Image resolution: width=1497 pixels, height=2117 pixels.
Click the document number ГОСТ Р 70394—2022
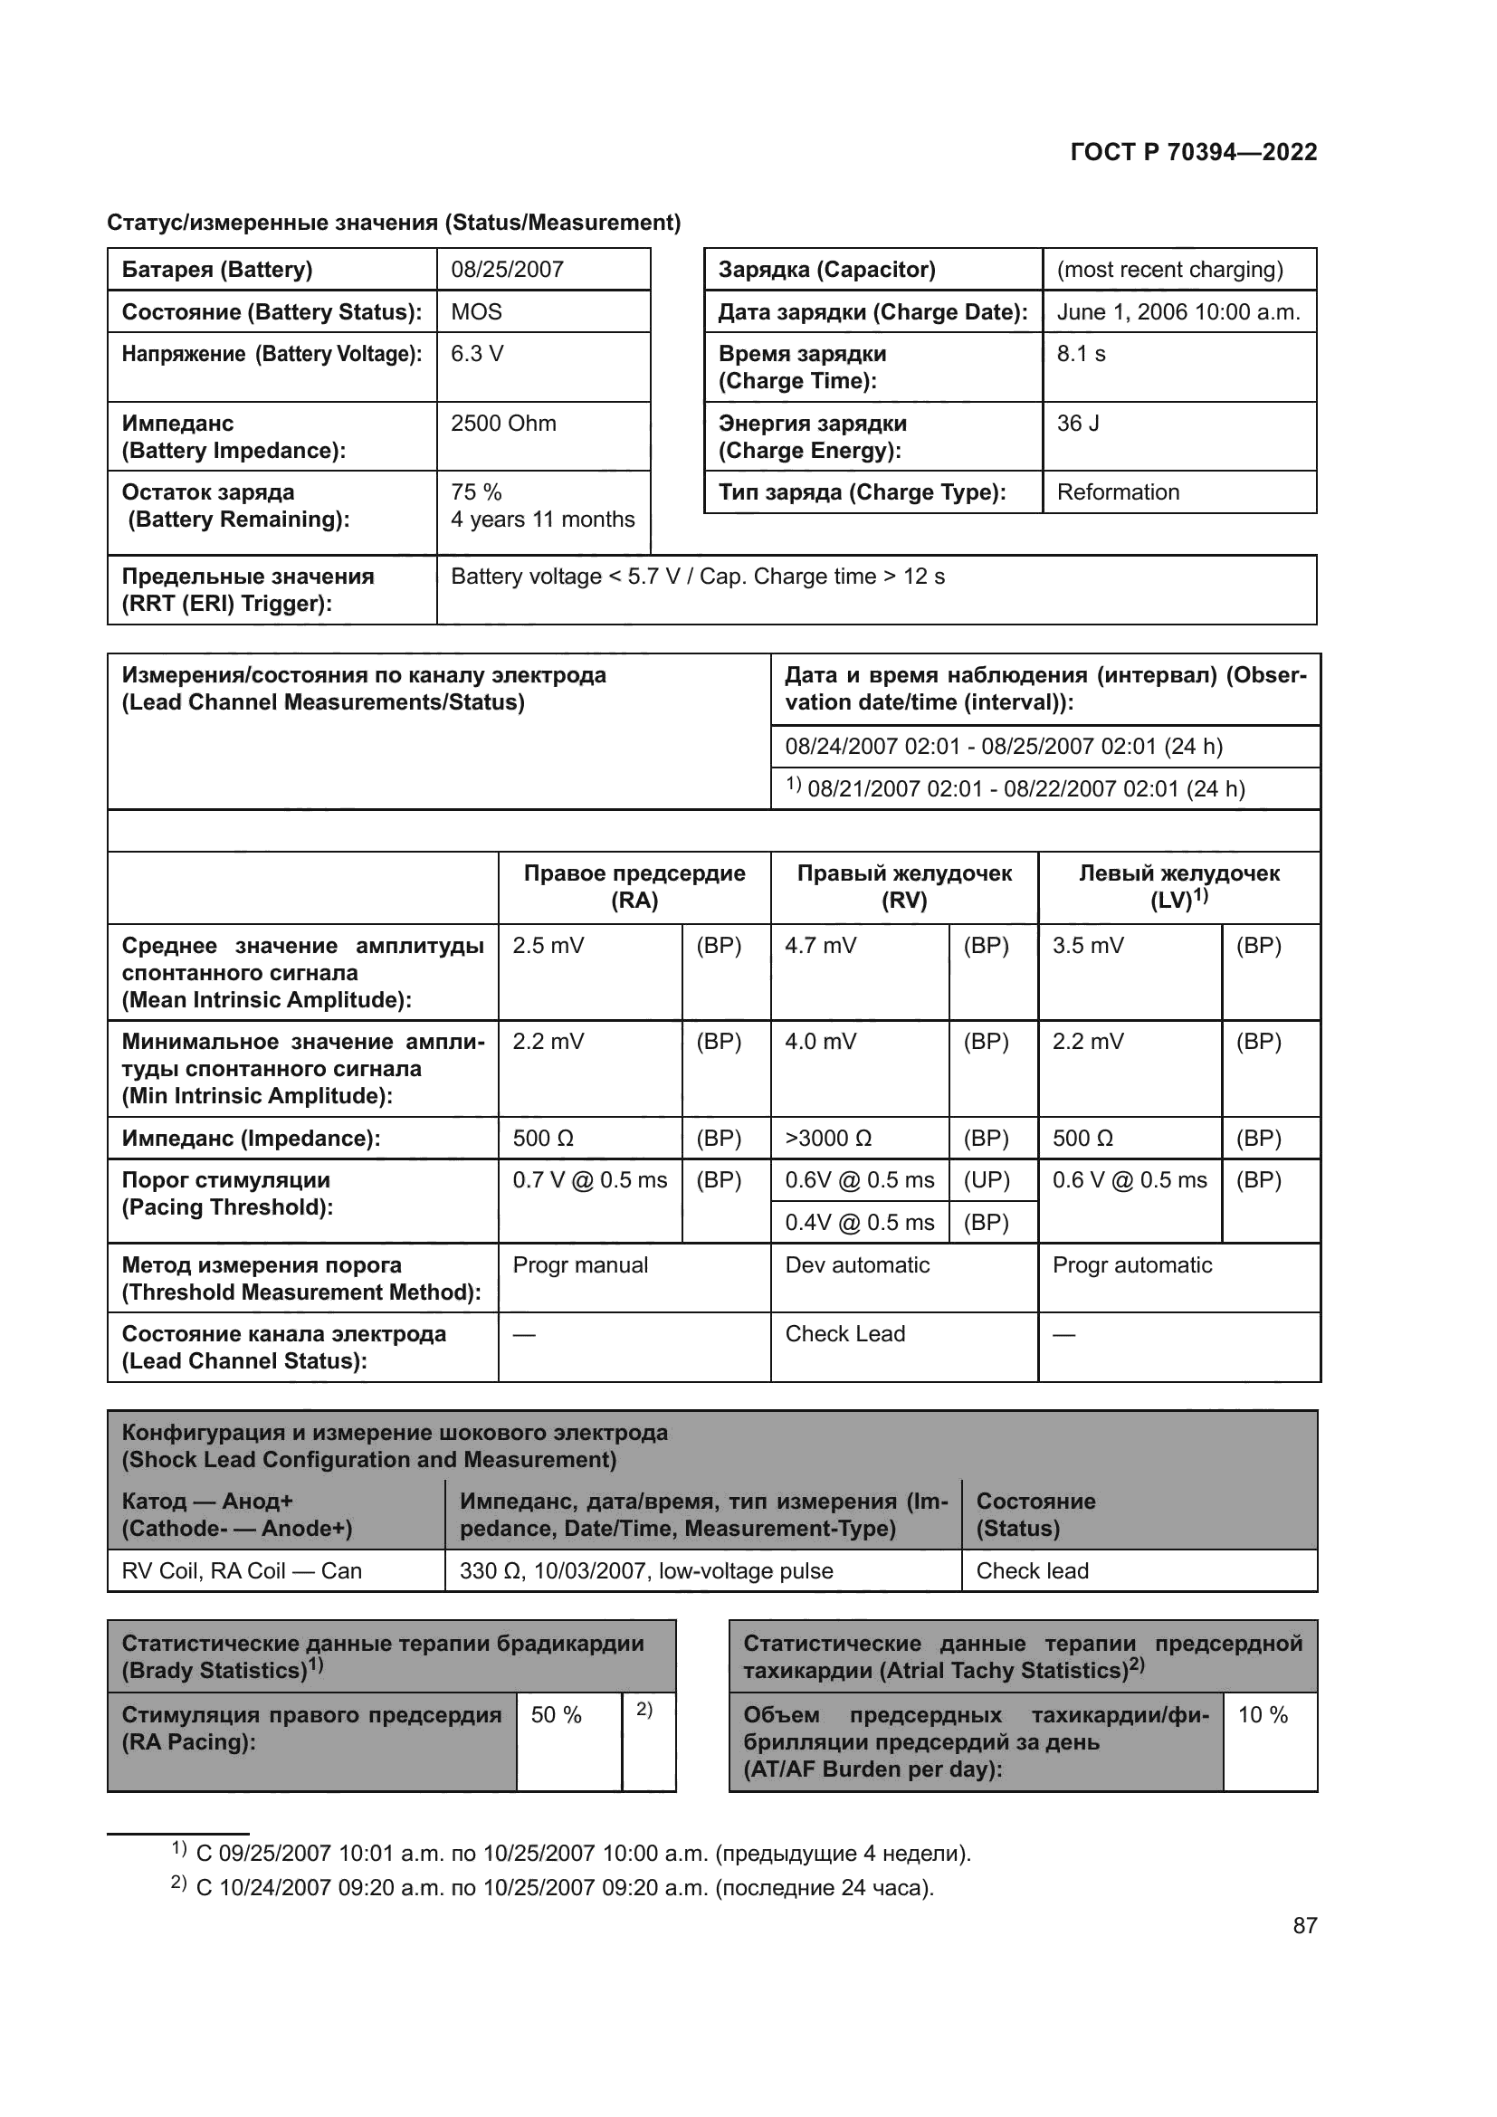pyautogui.click(x=1193, y=152)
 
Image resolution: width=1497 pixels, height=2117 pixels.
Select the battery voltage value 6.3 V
pyautogui.click(x=477, y=354)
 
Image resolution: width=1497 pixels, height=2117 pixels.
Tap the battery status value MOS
pyautogui.click(x=476, y=311)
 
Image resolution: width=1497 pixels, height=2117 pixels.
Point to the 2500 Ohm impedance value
pyautogui.click(x=503, y=424)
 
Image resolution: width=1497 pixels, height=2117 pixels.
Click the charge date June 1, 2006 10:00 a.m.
pyautogui.click(x=1178, y=311)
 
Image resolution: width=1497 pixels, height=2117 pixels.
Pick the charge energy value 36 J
pyautogui.click(x=1078, y=424)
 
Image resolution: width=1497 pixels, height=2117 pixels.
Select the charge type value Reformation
pyautogui.click(x=1117, y=492)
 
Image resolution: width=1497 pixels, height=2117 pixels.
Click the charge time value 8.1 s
pyautogui.click(x=1081, y=354)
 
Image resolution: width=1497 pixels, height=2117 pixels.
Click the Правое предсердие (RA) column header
pyautogui.click(x=634, y=887)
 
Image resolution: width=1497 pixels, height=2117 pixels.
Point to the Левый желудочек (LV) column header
pyautogui.click(x=1178, y=887)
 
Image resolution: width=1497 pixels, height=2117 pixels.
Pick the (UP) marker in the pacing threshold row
pyautogui.click(x=987, y=1180)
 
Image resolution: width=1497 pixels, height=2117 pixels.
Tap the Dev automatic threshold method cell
pyautogui.click(x=857, y=1265)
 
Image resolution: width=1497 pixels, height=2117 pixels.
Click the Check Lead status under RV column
pyautogui.click(x=844, y=1334)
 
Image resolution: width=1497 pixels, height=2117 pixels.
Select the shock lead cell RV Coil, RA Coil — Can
pyautogui.click(x=242, y=1571)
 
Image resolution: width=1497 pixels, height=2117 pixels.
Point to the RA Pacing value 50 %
pyautogui.click(x=556, y=1715)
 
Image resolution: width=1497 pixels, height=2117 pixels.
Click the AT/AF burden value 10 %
pyautogui.click(x=1262, y=1715)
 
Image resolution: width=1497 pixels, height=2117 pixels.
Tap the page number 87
pyautogui.click(x=1304, y=1925)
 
